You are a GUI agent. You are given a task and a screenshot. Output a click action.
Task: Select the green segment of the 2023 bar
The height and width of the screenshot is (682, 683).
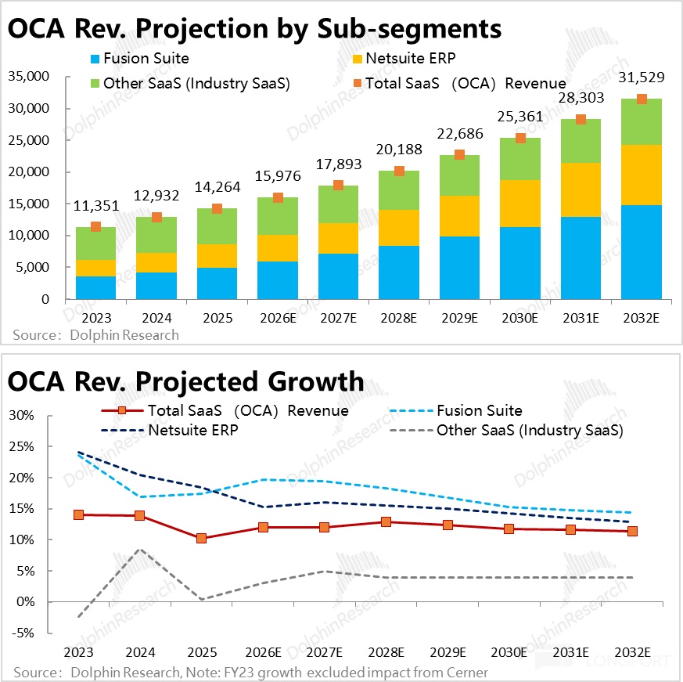pyautogui.click(x=96, y=244)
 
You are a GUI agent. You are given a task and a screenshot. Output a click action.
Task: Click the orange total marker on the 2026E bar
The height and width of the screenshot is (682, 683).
pyautogui.click(x=278, y=198)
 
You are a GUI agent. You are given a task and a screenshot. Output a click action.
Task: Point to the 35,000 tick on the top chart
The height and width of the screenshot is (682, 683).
pyautogui.click(x=27, y=77)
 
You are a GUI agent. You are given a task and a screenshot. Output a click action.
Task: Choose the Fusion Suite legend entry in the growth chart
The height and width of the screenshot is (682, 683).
pyautogui.click(x=479, y=410)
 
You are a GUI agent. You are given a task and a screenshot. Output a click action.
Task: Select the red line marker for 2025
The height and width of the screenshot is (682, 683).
pyautogui.click(x=201, y=539)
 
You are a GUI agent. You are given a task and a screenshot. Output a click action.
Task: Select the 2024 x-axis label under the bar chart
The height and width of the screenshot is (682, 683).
pyautogui.click(x=156, y=319)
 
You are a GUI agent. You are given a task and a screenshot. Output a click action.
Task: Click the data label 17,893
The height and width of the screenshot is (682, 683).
pyautogui.click(x=339, y=166)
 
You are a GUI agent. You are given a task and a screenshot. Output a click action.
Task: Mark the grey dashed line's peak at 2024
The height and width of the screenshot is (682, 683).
pyautogui.click(x=139, y=549)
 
